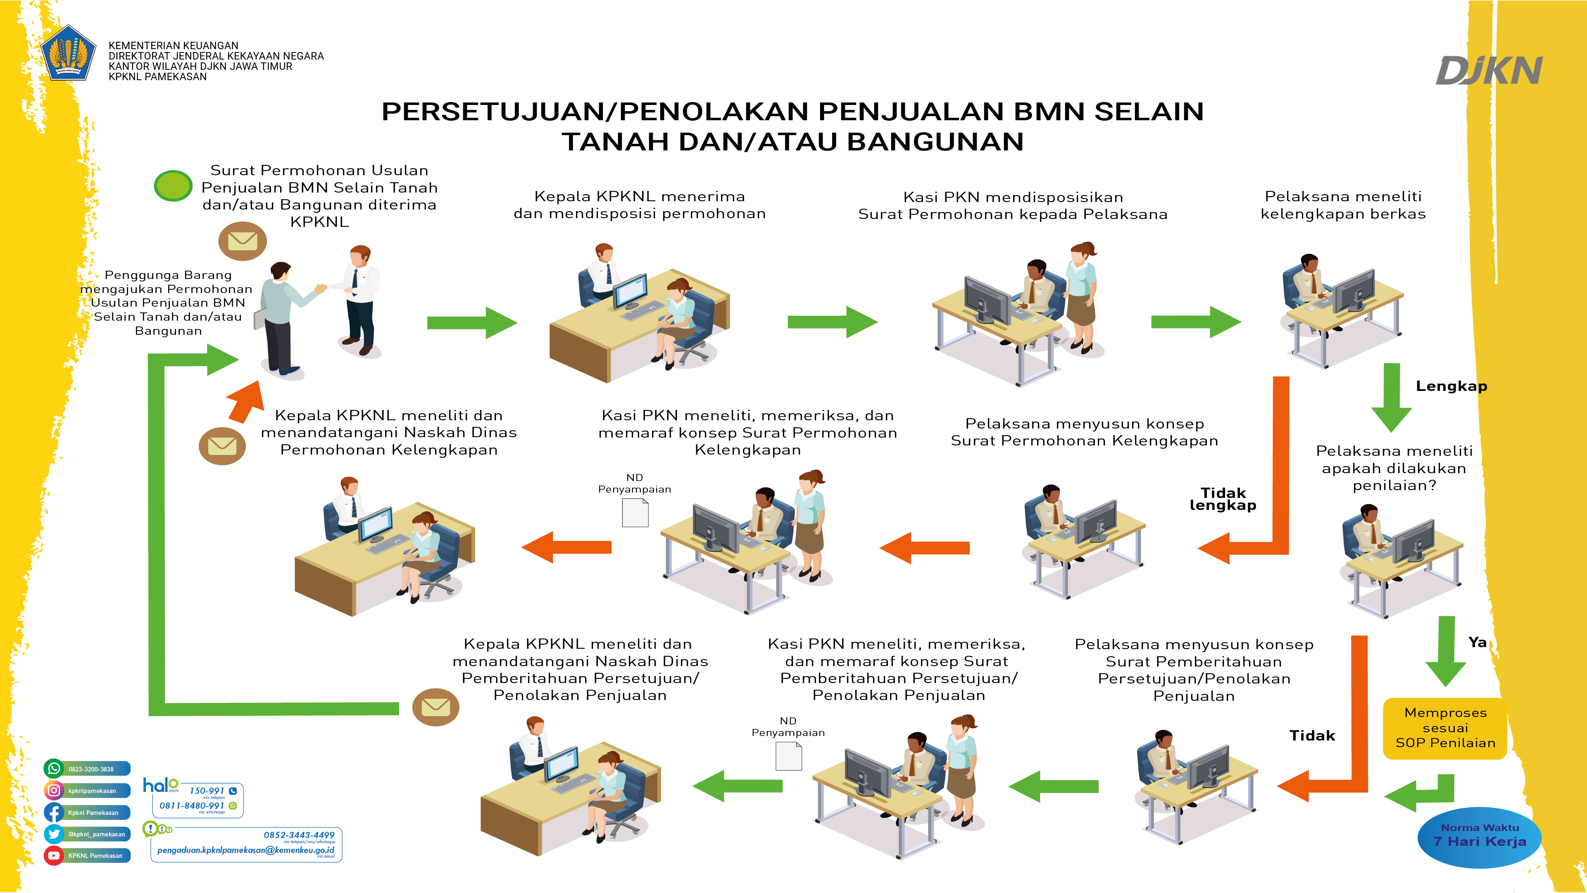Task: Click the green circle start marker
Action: pos(173,186)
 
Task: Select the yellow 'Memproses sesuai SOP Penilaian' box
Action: pos(1445,728)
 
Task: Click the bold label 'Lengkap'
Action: pos(1451,386)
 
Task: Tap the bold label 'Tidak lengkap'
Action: pos(1223,499)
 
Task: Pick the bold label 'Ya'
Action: pos(1477,642)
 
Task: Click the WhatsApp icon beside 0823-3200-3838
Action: pos(54,769)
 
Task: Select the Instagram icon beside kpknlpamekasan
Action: pos(54,790)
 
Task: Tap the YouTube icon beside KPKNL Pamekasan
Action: pos(54,855)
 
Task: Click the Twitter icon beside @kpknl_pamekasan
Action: pos(54,834)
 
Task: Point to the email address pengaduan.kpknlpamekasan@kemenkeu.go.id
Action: pos(245,850)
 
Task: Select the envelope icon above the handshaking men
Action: pos(242,241)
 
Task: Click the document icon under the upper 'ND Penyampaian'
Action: pos(635,513)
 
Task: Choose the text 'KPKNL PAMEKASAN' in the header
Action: pos(158,77)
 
